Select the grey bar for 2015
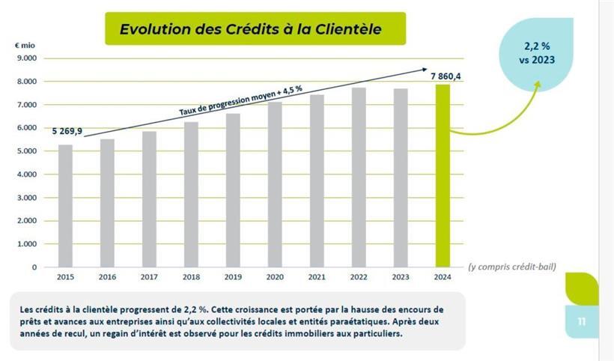coord(65,206)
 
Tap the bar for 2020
coord(275,184)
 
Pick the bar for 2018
coord(191,195)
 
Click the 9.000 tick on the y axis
coord(26,58)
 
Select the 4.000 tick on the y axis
coord(26,174)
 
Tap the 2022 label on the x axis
coord(358,277)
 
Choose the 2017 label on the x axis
coord(149,277)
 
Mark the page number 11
coord(581,322)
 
